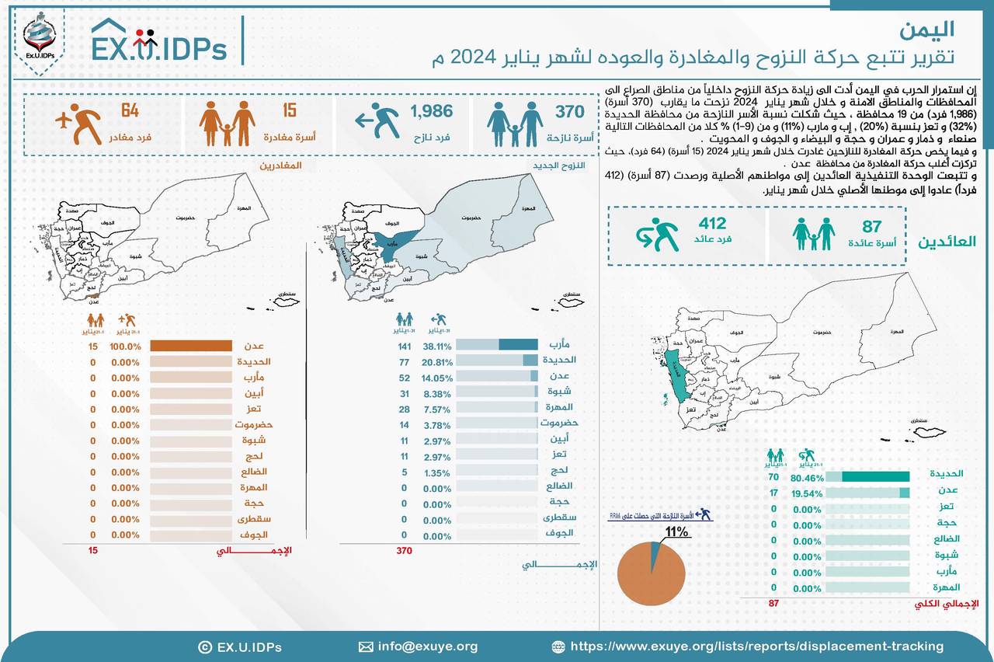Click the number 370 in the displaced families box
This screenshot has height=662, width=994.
pyautogui.click(x=569, y=113)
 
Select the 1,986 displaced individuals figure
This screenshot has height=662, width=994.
pyautogui.click(x=431, y=113)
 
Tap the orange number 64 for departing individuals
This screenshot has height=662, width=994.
pyautogui.click(x=129, y=111)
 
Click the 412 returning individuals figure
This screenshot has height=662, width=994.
pyautogui.click(x=712, y=225)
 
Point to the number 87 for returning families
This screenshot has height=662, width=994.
pyautogui.click(x=872, y=226)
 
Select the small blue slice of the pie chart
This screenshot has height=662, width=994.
pyautogui.click(x=655, y=552)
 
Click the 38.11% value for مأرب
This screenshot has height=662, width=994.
pyautogui.click(x=436, y=345)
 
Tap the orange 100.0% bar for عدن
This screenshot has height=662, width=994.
pyautogui.click(x=190, y=347)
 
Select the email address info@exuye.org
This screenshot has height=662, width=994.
pyautogui.click(x=427, y=646)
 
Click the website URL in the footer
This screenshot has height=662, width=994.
pyautogui.click(x=756, y=646)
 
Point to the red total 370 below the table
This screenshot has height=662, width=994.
pyautogui.click(x=402, y=551)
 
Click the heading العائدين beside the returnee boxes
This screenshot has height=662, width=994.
pyautogui.click(x=947, y=241)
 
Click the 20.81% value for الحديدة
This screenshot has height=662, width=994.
pyautogui.click(x=436, y=361)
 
